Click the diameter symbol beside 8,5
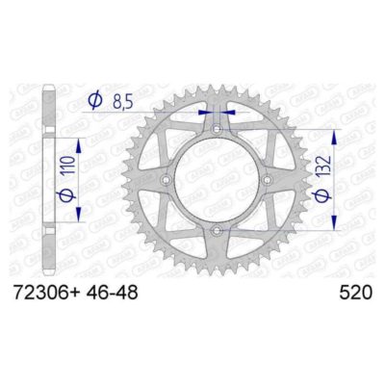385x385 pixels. tap(95, 99)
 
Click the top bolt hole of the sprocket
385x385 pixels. tap(218, 128)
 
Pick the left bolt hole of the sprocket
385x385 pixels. tap(166, 180)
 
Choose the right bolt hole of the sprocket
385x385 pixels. tap(269, 180)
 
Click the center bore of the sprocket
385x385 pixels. tap(218, 180)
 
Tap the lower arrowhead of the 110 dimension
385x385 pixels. tap(54, 219)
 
